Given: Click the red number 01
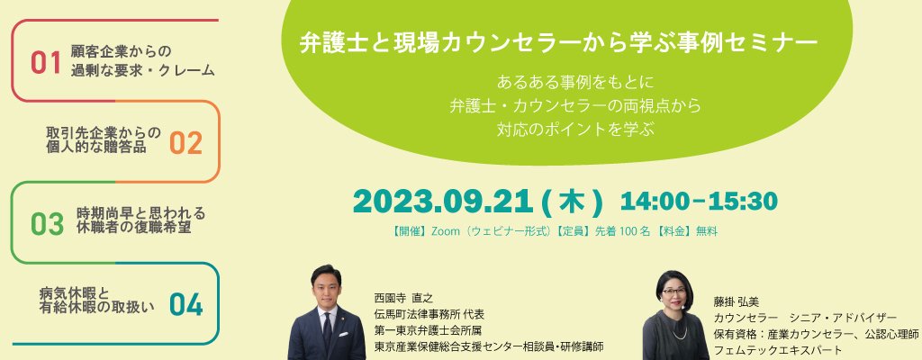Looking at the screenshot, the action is pyautogui.click(x=46, y=64).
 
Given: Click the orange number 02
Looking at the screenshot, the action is pyautogui.click(x=185, y=143).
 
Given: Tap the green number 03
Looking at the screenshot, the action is pyautogui.click(x=47, y=224).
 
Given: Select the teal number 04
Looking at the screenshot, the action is pyautogui.click(x=185, y=305).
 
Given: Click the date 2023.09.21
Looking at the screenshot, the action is pyautogui.click(x=440, y=202).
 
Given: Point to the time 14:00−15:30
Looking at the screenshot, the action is pyautogui.click(x=699, y=202).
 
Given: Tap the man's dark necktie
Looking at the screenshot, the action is pyautogui.click(x=328, y=327).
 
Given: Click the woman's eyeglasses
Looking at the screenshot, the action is pyautogui.click(x=673, y=292).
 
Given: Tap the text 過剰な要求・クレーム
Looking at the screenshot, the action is pyautogui.click(x=143, y=70).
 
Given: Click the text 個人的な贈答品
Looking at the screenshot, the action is pyautogui.click(x=95, y=147).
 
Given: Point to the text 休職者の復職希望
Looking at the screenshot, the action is pyautogui.click(x=134, y=227).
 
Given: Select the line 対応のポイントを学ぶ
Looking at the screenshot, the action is pyautogui.click(x=575, y=130).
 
